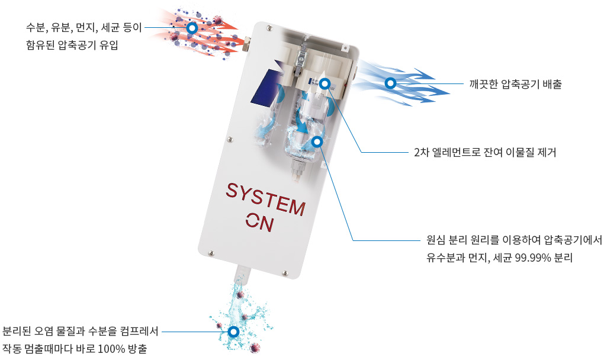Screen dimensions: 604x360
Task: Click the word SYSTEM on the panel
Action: point(265,199)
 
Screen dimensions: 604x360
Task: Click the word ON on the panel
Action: point(261,221)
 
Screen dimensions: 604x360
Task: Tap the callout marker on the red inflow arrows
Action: point(192,28)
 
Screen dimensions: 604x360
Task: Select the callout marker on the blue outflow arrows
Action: point(391,83)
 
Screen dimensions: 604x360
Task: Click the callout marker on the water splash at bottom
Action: point(233,332)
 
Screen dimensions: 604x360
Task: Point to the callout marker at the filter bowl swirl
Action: point(317,142)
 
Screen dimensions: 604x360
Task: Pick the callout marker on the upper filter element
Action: point(325,83)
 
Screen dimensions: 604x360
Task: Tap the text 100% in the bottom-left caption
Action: point(111,349)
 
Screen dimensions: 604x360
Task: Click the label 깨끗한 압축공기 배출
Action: point(515,84)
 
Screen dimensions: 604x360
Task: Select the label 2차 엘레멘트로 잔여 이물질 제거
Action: point(485,153)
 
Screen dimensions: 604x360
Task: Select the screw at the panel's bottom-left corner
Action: point(211,253)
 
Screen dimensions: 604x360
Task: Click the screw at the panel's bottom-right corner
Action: point(285,273)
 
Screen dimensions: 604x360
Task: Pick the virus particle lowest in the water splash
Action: point(254,348)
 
